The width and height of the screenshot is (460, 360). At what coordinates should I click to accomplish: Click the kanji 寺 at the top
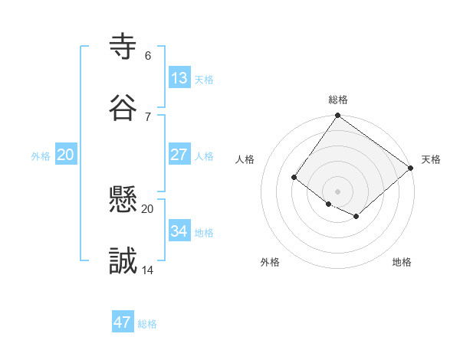point(123,47)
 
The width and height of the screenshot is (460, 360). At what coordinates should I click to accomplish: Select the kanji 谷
point(123,108)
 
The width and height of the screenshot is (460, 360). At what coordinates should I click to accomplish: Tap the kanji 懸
point(123,200)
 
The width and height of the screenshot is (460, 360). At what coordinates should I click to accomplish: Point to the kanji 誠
point(123,261)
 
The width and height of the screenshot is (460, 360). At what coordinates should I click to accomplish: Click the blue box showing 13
point(179,78)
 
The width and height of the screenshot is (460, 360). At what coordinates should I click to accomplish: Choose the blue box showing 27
point(179,155)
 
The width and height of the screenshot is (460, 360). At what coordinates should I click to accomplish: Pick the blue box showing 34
point(179,231)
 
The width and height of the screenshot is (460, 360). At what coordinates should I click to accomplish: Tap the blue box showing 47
point(123,322)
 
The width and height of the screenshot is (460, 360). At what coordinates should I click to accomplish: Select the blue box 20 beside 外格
point(66,155)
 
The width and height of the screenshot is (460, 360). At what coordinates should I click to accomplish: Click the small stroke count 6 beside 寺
point(147,56)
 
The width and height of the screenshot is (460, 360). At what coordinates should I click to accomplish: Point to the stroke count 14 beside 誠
point(147,270)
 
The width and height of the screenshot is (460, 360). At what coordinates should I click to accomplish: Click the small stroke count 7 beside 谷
point(147,117)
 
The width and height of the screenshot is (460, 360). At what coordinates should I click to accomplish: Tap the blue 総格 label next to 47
point(147,324)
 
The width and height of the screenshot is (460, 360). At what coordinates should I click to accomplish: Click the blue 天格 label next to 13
point(204,80)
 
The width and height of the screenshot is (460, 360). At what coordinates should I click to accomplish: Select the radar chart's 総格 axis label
point(337,100)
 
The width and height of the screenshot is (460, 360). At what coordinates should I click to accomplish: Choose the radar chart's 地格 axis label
point(402,262)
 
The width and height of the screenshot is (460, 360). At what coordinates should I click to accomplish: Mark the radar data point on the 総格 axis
point(337,116)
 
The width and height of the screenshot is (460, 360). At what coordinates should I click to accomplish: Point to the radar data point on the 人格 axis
point(294,178)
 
